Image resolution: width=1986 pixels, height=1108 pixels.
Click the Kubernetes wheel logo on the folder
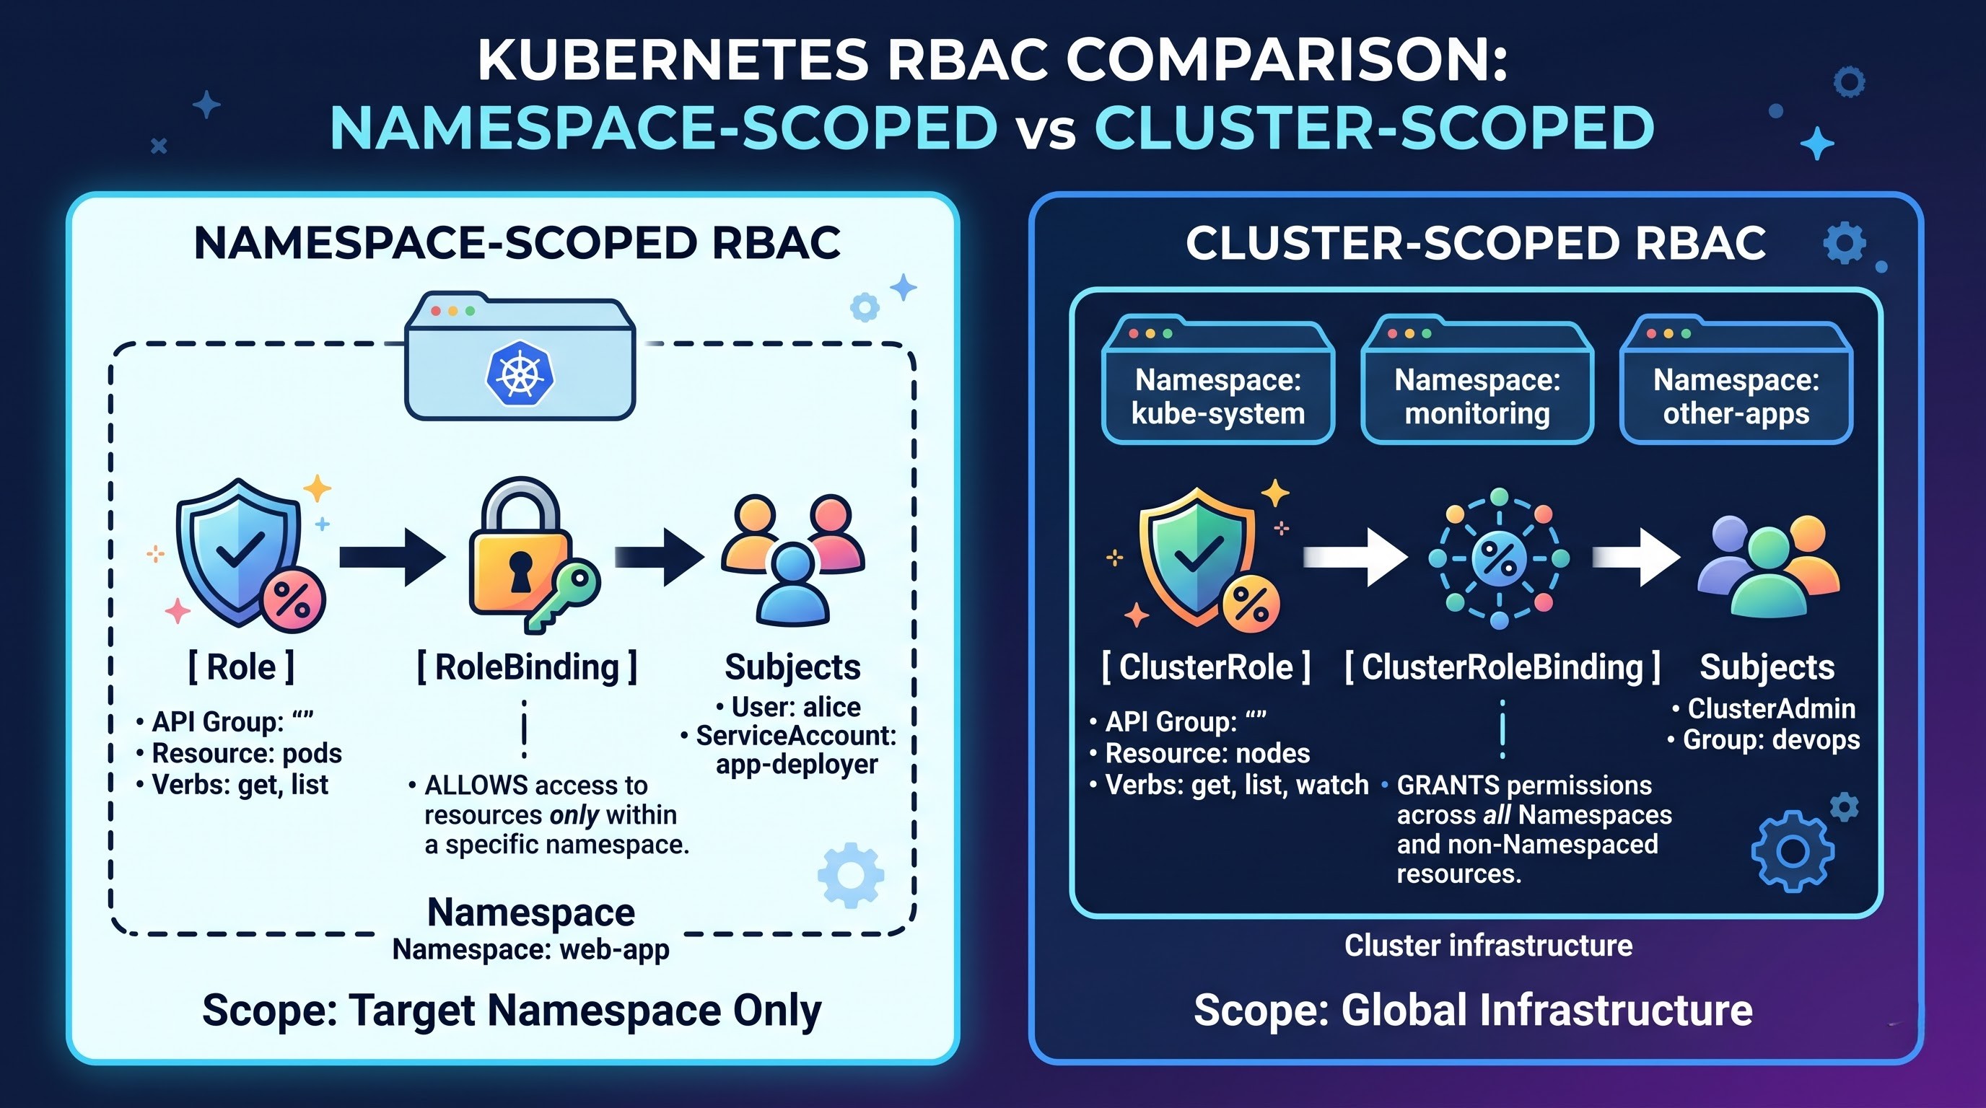[x=520, y=374]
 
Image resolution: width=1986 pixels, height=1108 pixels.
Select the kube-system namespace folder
[x=1218, y=379]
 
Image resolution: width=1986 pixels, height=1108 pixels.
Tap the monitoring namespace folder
[x=1477, y=379]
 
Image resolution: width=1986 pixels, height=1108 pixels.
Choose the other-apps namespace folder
[x=1736, y=379]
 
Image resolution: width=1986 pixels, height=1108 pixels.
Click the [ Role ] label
[x=241, y=667]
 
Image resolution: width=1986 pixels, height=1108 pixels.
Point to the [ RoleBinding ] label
[x=528, y=667]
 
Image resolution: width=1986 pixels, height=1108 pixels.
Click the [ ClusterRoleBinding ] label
[x=1502, y=667]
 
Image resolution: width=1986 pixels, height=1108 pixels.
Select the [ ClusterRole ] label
[x=1207, y=667]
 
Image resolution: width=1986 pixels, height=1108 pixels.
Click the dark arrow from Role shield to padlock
[x=393, y=557]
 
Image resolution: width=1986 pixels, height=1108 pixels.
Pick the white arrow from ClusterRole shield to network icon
[x=1355, y=557]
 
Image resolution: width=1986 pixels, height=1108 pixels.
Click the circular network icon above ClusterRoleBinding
[x=1499, y=558]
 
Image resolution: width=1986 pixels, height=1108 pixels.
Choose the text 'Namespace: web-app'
[x=531, y=950]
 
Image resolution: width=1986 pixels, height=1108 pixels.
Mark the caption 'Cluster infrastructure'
[x=1489, y=946]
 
